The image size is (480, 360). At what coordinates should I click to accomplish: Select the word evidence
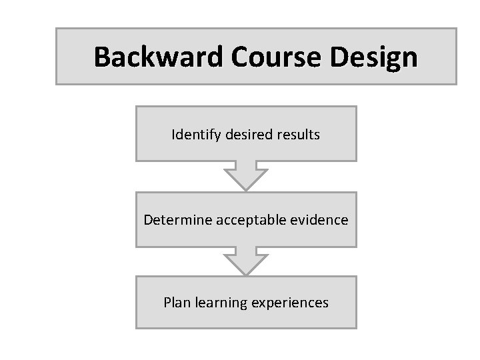[319, 219]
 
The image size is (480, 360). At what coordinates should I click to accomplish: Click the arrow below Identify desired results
[246, 176]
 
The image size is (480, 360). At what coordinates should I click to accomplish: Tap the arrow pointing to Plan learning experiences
[246, 261]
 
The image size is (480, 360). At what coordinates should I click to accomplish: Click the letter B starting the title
[102, 57]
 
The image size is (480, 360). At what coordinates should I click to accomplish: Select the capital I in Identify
[173, 135]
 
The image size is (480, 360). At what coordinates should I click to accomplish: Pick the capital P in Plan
[167, 303]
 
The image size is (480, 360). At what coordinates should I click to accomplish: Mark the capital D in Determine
[148, 219]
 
